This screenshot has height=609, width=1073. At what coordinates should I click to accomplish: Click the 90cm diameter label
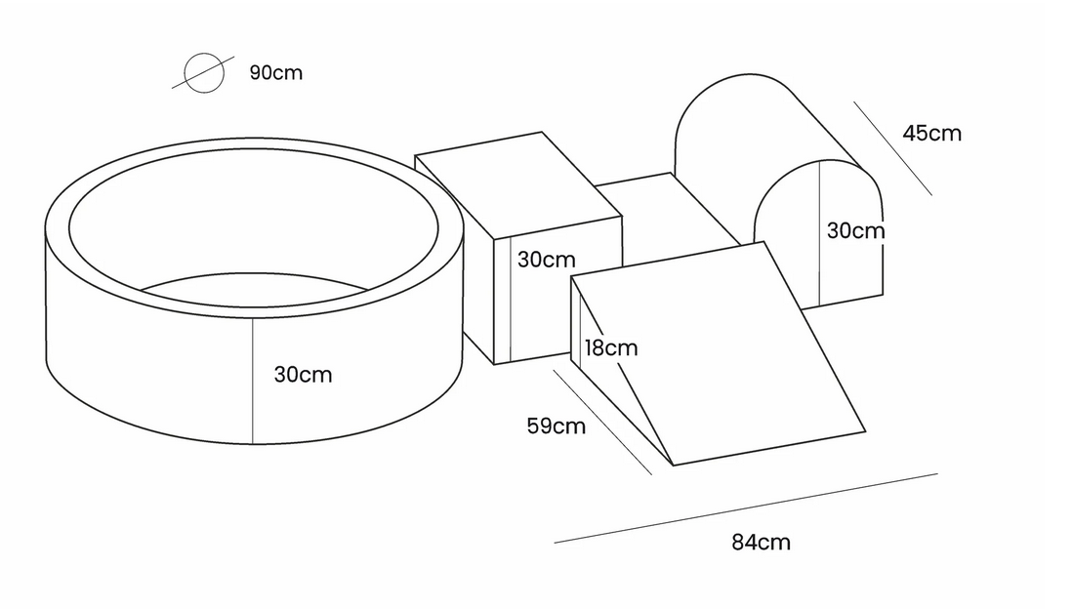[x=275, y=72]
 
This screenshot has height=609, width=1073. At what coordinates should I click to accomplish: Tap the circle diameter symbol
[x=204, y=72]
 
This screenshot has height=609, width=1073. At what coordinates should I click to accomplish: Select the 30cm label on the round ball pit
[x=303, y=375]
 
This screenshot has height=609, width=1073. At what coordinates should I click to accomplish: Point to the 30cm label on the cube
[x=546, y=260]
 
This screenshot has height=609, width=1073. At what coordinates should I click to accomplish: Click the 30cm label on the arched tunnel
[x=855, y=230]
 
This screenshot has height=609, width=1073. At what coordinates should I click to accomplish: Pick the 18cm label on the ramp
[x=611, y=347]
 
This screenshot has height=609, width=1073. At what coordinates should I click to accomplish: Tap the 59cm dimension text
[x=556, y=426]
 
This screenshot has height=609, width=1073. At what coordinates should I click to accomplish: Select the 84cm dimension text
[x=761, y=542]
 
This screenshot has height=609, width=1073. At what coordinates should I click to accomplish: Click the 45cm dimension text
[x=932, y=133]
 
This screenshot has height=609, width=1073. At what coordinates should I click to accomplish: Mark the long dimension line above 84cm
[x=746, y=507]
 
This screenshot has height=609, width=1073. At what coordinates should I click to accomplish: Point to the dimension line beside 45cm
[x=892, y=148]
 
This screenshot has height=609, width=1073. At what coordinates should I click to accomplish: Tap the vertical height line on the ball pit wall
[x=253, y=381]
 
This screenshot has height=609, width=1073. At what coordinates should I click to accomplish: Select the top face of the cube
[x=518, y=184]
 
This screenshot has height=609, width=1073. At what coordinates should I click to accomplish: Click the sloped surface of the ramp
[x=719, y=352]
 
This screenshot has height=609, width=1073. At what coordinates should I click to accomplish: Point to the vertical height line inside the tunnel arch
[x=820, y=233]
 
